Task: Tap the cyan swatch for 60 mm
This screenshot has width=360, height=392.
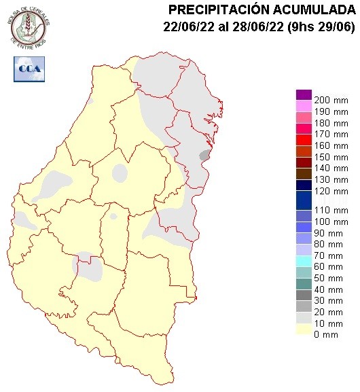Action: pyautogui.click(x=304, y=261)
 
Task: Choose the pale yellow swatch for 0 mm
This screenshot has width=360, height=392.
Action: pyautogui.click(x=304, y=329)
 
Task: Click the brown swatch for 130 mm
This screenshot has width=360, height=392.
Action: pyautogui.click(x=304, y=173)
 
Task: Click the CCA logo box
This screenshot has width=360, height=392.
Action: pyautogui.click(x=29, y=68)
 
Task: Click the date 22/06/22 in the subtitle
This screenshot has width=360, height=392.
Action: pyautogui.click(x=187, y=27)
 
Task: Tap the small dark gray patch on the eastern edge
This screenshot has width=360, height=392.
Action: pyautogui.click(x=204, y=156)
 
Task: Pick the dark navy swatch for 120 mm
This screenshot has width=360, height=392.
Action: pyautogui.click(x=304, y=185)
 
